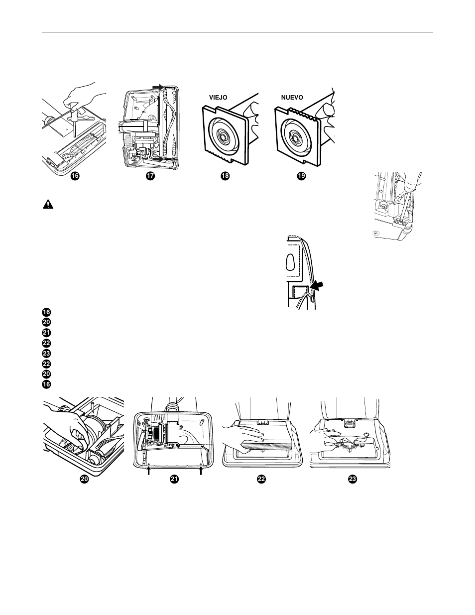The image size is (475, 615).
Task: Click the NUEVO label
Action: (x=292, y=98)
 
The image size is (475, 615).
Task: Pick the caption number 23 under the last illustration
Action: (x=352, y=479)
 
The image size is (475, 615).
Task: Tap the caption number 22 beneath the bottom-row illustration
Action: (x=261, y=479)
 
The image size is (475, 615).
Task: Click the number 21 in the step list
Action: (x=46, y=333)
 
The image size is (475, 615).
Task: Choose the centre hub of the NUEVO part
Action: (x=295, y=135)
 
